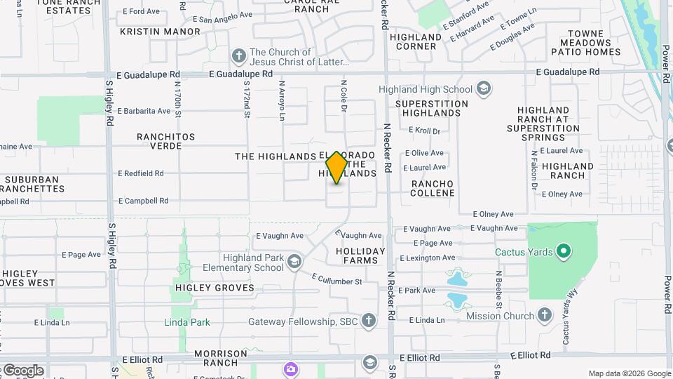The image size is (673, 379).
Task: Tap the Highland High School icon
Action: pyautogui.click(x=483, y=89)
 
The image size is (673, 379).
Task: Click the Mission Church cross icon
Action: pyautogui.click(x=545, y=316)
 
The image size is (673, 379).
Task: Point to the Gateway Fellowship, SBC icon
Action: pyautogui.click(x=369, y=321)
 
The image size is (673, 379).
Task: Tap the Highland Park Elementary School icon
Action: pyautogui.click(x=294, y=262)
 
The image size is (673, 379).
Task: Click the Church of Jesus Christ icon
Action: pyautogui.click(x=238, y=56)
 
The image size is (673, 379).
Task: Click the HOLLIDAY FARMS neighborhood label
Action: pyautogui.click(x=360, y=255)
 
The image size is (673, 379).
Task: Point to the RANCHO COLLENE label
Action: pyautogui.click(x=433, y=188)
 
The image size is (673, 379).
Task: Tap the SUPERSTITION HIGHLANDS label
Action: pyautogui.click(x=432, y=108)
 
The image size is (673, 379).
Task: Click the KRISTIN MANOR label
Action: pyautogui.click(x=161, y=32)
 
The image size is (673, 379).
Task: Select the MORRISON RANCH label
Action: pyautogui.click(x=221, y=358)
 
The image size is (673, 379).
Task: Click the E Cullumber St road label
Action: pyautogui.click(x=336, y=279)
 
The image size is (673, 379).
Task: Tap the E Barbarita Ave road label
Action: pyautogui.click(x=144, y=111)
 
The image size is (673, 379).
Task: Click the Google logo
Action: pyautogui.click(x=22, y=371)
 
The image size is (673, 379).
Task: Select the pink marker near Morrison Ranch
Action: pyautogui.click(x=290, y=368)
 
